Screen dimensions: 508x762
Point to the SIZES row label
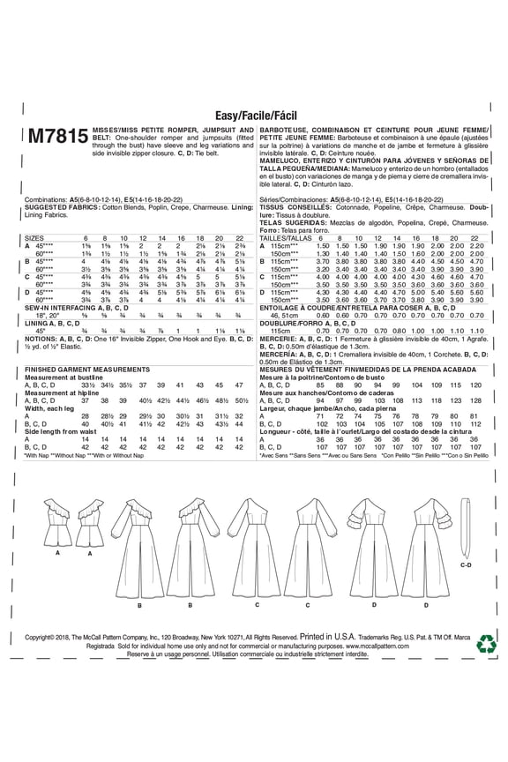(34, 238)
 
